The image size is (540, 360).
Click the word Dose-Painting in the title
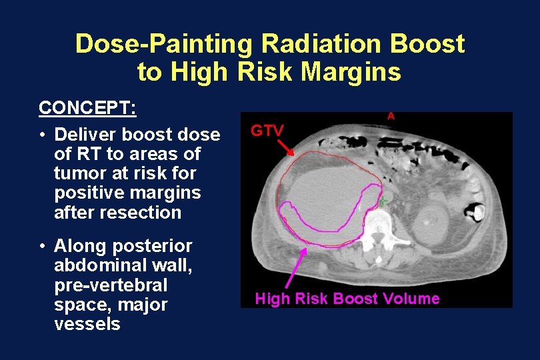pyautogui.click(x=164, y=44)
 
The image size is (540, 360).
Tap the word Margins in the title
pyautogui.click(x=357, y=71)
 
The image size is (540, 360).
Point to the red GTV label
pyautogui.click(x=267, y=131)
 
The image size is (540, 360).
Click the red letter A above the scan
pyautogui.click(x=391, y=116)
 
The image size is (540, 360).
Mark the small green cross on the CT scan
pyautogui.click(x=383, y=200)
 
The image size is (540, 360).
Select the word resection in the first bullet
pyautogui.click(x=146, y=213)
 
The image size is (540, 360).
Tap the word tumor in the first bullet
pyautogui.click(x=76, y=174)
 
